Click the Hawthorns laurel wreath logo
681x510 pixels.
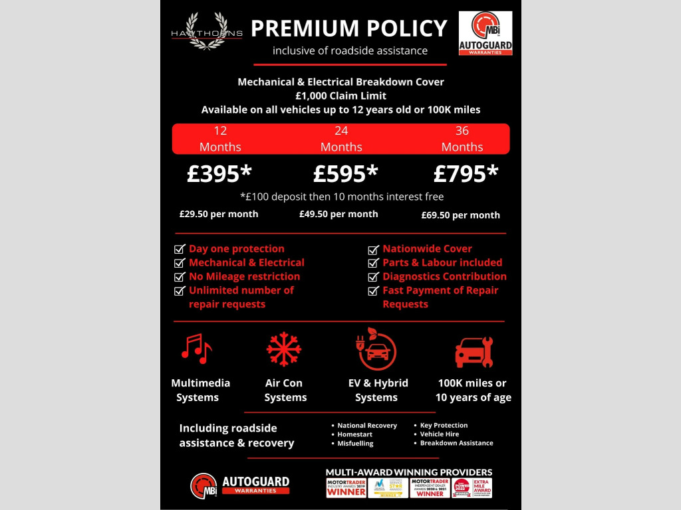[x=206, y=31]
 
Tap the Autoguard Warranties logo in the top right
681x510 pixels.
[x=485, y=33]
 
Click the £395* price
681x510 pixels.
[x=219, y=174]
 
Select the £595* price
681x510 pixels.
[x=345, y=174]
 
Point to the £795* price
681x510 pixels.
[x=466, y=174]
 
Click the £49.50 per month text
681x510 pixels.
[x=339, y=214]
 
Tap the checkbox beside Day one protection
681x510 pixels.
[x=180, y=249]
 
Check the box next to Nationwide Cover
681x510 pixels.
[x=373, y=249]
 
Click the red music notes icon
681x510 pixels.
[x=196, y=349]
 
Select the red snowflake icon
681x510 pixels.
[x=284, y=349]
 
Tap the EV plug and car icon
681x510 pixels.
[x=376, y=350]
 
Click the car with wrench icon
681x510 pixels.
[x=474, y=352]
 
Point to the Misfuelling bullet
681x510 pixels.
[x=355, y=443]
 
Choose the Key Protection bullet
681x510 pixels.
[x=444, y=425]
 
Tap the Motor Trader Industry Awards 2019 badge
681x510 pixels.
[x=346, y=487]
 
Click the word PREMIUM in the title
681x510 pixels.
[x=303, y=29]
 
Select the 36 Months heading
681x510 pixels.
[x=462, y=139]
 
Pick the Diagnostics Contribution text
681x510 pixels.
[x=444, y=276]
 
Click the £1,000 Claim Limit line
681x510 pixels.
[x=340, y=96]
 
